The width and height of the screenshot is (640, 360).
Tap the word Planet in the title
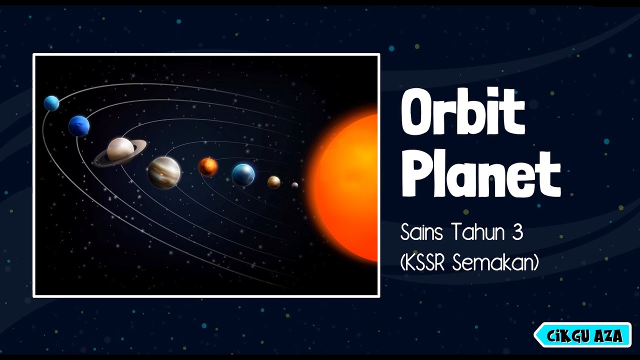click(x=480, y=174)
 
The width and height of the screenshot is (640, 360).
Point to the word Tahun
click(x=475, y=232)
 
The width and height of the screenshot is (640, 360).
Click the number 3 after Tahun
click(x=516, y=232)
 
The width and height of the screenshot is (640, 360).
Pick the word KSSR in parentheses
click(x=424, y=262)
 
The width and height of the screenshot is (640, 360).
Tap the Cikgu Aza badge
click(x=583, y=335)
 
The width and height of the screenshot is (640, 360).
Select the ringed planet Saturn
click(x=120, y=150)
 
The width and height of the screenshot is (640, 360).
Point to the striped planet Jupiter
click(x=164, y=172)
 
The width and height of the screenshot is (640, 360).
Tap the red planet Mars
click(x=208, y=166)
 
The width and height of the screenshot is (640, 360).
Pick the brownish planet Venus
click(x=273, y=182)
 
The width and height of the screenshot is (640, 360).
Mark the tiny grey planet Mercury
click(x=295, y=185)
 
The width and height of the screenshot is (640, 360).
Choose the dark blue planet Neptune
click(x=79, y=126)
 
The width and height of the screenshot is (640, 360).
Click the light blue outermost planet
click(x=51, y=103)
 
